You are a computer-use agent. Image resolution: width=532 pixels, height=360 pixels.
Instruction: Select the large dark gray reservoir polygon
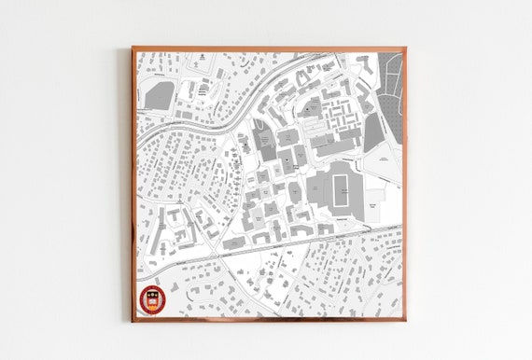click(160, 96)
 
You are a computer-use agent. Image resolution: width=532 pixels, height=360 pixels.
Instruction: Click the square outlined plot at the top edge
click(199, 62)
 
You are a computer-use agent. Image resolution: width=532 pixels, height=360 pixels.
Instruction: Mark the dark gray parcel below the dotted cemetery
click(374, 131)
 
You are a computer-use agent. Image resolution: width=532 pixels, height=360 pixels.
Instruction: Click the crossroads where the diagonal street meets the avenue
click(217, 254)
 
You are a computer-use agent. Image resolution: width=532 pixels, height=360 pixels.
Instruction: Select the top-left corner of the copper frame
click(133, 48)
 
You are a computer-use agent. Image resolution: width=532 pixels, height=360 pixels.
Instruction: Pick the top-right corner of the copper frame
click(405, 48)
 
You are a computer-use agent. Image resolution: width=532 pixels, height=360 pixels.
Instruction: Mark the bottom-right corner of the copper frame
click(405, 320)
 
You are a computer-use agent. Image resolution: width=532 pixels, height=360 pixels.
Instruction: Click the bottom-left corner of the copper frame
click(133, 320)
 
